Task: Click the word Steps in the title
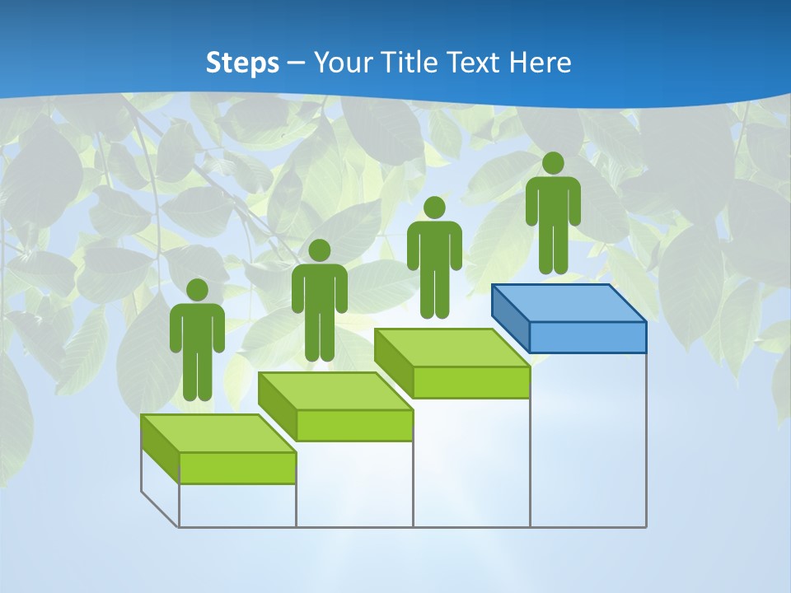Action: click(x=241, y=63)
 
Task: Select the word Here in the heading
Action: click(x=540, y=63)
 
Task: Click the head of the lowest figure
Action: click(x=197, y=290)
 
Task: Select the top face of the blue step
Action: click(x=569, y=302)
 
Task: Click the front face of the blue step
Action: click(x=587, y=337)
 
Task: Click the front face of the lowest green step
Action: click(x=237, y=468)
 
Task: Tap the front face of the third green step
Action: click(x=470, y=382)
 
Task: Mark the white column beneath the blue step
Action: click(x=587, y=441)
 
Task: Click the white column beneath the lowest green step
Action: click(x=237, y=505)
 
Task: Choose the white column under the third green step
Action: click(x=470, y=463)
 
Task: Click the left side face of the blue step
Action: click(x=510, y=317)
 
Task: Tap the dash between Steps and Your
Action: click(x=297, y=63)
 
